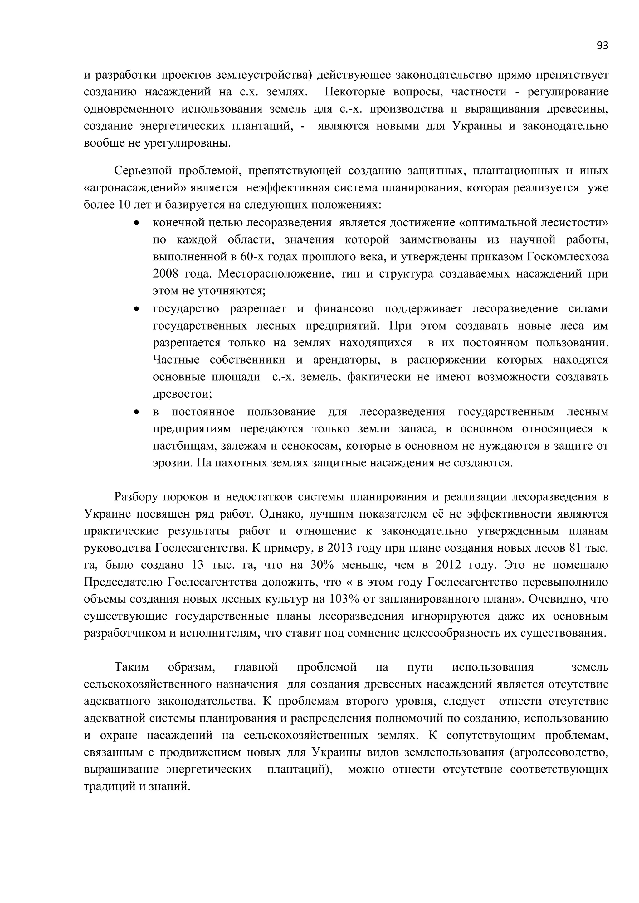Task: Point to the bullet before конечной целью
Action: (137, 223)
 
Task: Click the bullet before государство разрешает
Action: (137, 309)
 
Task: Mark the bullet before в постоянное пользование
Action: (137, 412)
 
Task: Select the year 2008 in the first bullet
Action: (164, 274)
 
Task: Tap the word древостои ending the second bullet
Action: (182, 394)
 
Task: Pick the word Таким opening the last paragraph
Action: (131, 667)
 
